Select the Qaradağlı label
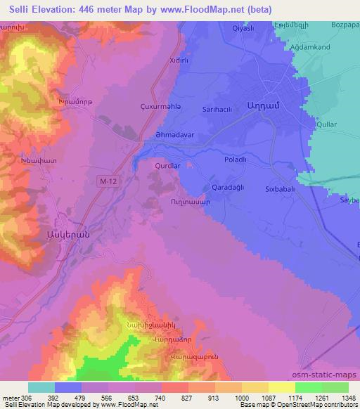point(228,188)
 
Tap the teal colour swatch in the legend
point(41,387)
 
